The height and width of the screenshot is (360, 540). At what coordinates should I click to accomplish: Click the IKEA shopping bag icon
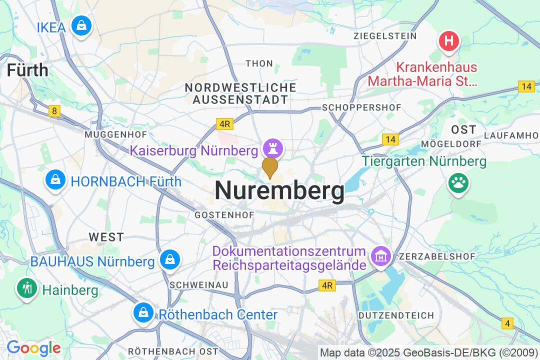click(80, 25)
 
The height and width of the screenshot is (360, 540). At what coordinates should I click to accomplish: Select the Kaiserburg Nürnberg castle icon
click(273, 148)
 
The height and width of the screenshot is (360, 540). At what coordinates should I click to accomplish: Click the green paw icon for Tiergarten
click(457, 183)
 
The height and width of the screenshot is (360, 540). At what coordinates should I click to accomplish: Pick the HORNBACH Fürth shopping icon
click(55, 180)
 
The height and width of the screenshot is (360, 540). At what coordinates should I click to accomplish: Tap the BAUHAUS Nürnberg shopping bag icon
click(170, 259)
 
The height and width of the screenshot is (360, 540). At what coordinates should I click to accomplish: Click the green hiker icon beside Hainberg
click(25, 288)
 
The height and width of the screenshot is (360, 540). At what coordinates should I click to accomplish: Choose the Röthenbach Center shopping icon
click(143, 312)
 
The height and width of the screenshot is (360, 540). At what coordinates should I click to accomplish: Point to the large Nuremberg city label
click(279, 191)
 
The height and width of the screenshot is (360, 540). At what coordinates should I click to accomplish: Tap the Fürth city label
click(27, 70)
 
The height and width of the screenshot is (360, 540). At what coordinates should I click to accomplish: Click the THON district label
click(259, 63)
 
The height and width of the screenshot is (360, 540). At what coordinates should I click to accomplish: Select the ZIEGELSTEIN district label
click(385, 36)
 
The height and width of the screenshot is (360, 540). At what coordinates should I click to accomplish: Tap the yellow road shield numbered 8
click(54, 111)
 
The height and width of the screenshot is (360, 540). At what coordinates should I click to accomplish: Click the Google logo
click(33, 348)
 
